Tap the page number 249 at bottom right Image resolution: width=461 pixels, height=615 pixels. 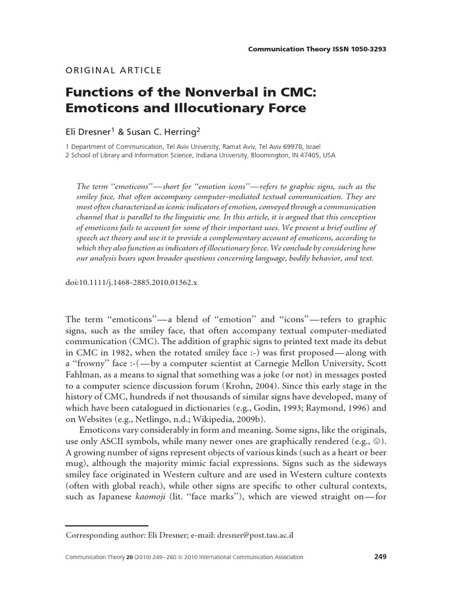pyautogui.click(x=379, y=557)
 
